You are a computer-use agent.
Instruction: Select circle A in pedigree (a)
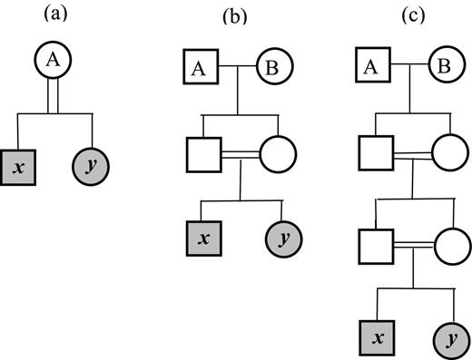[x=55, y=60]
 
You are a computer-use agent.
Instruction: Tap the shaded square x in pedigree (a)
[x=18, y=167]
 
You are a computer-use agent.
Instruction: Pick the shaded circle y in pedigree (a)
[x=90, y=167]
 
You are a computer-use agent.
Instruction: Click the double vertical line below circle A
[x=55, y=97]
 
